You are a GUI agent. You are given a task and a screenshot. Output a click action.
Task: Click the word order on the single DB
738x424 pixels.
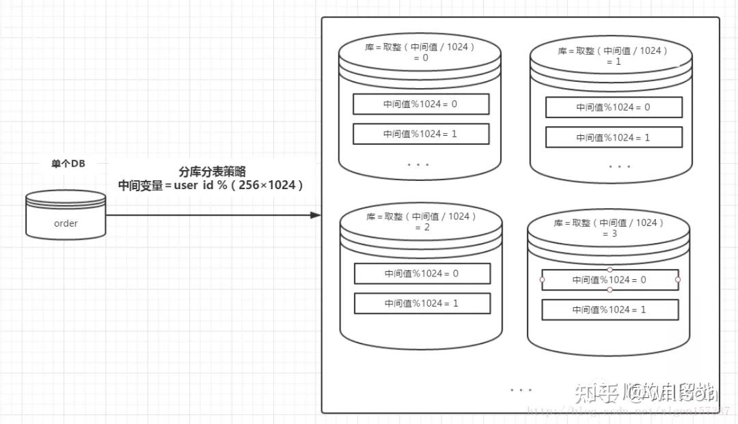click(x=66, y=223)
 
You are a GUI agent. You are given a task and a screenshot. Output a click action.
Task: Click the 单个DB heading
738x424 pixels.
click(x=68, y=164)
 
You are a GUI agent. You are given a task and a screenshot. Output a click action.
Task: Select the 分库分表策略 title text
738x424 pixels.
click(x=212, y=172)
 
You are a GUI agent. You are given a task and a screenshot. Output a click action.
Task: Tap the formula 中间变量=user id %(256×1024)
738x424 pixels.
click(x=210, y=185)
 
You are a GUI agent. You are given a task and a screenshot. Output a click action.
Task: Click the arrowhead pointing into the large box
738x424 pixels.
click(x=315, y=215)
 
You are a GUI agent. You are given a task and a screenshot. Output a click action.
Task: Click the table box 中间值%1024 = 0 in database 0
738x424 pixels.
click(x=421, y=104)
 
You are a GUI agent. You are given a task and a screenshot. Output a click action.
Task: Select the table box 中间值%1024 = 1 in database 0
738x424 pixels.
click(x=421, y=134)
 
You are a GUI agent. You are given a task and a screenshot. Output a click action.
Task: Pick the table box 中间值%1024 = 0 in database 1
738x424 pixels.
click(x=614, y=107)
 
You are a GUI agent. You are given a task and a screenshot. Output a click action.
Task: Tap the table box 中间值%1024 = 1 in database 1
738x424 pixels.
click(x=614, y=137)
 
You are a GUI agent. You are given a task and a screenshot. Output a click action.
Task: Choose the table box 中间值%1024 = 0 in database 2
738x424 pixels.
click(x=422, y=274)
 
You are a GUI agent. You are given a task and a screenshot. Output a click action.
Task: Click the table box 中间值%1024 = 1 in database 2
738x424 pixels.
click(x=422, y=303)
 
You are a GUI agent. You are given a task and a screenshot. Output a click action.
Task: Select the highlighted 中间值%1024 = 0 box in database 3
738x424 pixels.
click(x=610, y=280)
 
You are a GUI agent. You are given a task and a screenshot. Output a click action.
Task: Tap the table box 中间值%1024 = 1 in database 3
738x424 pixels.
click(x=610, y=310)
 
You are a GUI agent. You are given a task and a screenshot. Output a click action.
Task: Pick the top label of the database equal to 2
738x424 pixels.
click(x=422, y=222)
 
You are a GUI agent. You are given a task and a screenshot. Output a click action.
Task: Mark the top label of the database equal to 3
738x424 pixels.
click(x=609, y=228)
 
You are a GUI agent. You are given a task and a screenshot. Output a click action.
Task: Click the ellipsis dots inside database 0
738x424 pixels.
click(x=418, y=165)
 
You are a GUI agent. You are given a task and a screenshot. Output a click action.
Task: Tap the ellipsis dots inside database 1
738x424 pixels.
click(x=619, y=167)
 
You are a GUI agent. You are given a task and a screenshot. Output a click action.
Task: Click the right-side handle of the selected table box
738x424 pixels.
click(x=678, y=279)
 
